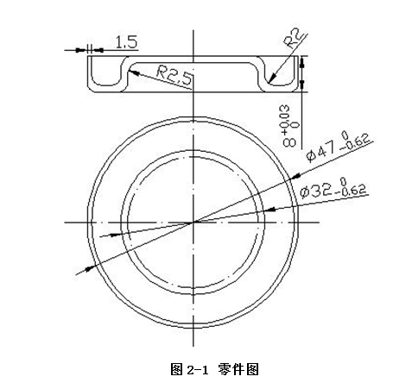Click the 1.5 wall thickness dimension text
tap(125, 41)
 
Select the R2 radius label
tap(293, 40)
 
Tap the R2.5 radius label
tap(174, 75)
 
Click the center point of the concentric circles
tap(193, 222)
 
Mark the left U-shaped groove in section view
tap(109, 77)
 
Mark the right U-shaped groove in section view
tap(278, 77)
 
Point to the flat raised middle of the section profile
tap(193, 63)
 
